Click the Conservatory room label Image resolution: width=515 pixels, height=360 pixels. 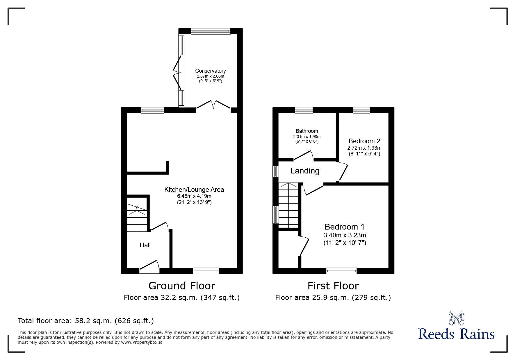(x=210, y=71)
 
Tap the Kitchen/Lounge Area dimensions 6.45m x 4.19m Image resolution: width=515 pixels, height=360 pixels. (x=194, y=196)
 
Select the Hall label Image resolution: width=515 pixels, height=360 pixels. (x=145, y=245)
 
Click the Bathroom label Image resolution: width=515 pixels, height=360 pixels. (x=307, y=131)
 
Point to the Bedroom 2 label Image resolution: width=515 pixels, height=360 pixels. (x=364, y=141)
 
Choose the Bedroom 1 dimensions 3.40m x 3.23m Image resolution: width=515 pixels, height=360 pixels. (x=345, y=235)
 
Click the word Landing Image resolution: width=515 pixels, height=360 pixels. (x=304, y=171)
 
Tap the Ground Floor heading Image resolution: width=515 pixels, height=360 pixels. (x=182, y=286)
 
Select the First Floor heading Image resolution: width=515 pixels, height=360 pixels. (x=333, y=286)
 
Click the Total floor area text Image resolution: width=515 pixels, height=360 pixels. (x=86, y=321)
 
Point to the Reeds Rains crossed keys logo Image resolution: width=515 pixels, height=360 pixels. (x=456, y=318)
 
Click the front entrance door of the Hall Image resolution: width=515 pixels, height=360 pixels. (x=149, y=266)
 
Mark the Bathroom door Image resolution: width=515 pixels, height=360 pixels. (x=303, y=155)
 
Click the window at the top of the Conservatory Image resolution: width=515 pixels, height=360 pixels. (x=211, y=31)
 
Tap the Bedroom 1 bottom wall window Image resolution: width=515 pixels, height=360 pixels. (x=341, y=271)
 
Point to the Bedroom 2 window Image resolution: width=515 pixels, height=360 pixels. (x=361, y=110)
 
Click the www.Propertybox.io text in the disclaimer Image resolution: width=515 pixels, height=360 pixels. (x=142, y=342)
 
